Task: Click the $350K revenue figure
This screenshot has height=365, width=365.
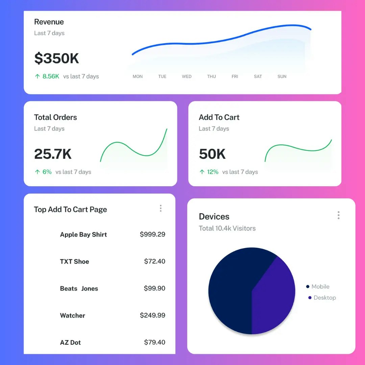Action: click(x=56, y=58)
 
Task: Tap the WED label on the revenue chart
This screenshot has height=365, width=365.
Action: click(x=187, y=77)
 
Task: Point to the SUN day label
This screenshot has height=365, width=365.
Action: click(x=282, y=77)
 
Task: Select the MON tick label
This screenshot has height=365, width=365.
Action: click(x=138, y=77)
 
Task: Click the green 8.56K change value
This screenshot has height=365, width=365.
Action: click(x=51, y=76)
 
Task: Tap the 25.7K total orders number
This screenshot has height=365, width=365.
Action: click(x=53, y=154)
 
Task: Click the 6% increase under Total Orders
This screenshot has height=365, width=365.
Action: click(x=47, y=172)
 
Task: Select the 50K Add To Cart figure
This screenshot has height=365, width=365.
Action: click(x=212, y=154)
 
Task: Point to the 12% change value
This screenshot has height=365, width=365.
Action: click(x=213, y=172)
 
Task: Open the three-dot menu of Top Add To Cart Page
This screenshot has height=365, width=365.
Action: click(x=161, y=209)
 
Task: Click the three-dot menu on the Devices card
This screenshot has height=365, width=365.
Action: click(x=338, y=215)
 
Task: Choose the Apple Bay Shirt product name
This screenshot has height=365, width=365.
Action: click(x=83, y=235)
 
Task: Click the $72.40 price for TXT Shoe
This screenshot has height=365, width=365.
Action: click(x=154, y=261)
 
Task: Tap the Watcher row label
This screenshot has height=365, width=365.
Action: click(x=73, y=316)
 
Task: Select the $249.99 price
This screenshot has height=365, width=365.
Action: click(x=152, y=315)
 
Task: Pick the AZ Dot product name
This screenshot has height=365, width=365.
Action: click(x=70, y=342)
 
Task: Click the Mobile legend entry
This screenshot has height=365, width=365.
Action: click(x=320, y=287)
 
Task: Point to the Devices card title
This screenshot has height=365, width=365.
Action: click(x=214, y=217)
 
